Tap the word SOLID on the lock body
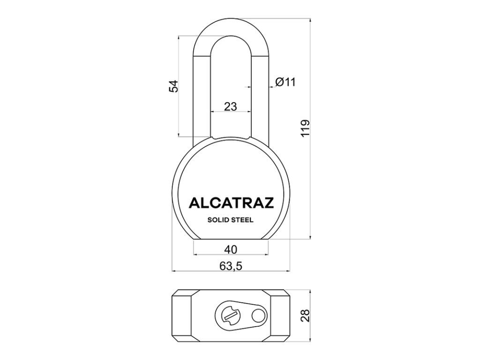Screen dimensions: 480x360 pyautogui.click(x=217, y=220)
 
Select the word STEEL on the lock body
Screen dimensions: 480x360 pyautogui.click(x=244, y=220)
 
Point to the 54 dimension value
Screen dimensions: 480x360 pyautogui.click(x=173, y=86)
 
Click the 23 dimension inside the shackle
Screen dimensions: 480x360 pyautogui.click(x=230, y=106)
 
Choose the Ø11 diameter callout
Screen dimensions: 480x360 pyautogui.click(x=285, y=82)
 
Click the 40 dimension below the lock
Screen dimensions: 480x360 pyautogui.click(x=231, y=249)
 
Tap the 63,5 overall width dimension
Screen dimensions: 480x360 pyautogui.click(x=230, y=266)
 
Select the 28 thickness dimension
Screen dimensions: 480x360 pyautogui.click(x=305, y=315)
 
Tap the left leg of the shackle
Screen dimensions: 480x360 pyautogui.click(x=201, y=94)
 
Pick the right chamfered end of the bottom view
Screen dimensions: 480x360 pyautogui.click(x=282, y=315)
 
